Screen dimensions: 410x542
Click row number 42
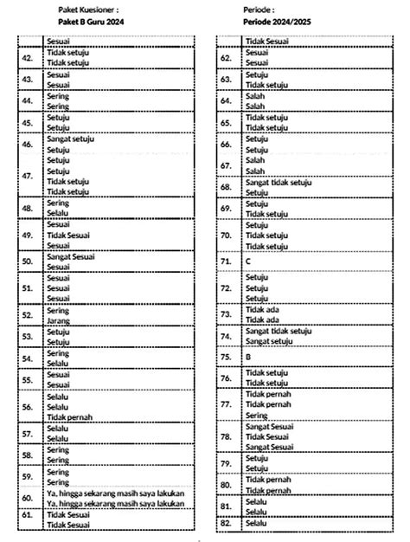pyautogui.click(x=29, y=58)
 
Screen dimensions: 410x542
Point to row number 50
pyautogui.click(x=29, y=259)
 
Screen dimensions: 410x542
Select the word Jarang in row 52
pyautogui.click(x=58, y=319)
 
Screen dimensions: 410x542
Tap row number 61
pyautogui.click(x=29, y=519)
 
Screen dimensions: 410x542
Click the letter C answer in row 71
pyautogui.click(x=248, y=259)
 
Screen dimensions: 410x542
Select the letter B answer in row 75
pyautogui.click(x=248, y=356)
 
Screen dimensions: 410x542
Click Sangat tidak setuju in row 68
pyautogui.click(x=278, y=183)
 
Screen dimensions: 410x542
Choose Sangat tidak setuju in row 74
pyautogui.click(x=278, y=331)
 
